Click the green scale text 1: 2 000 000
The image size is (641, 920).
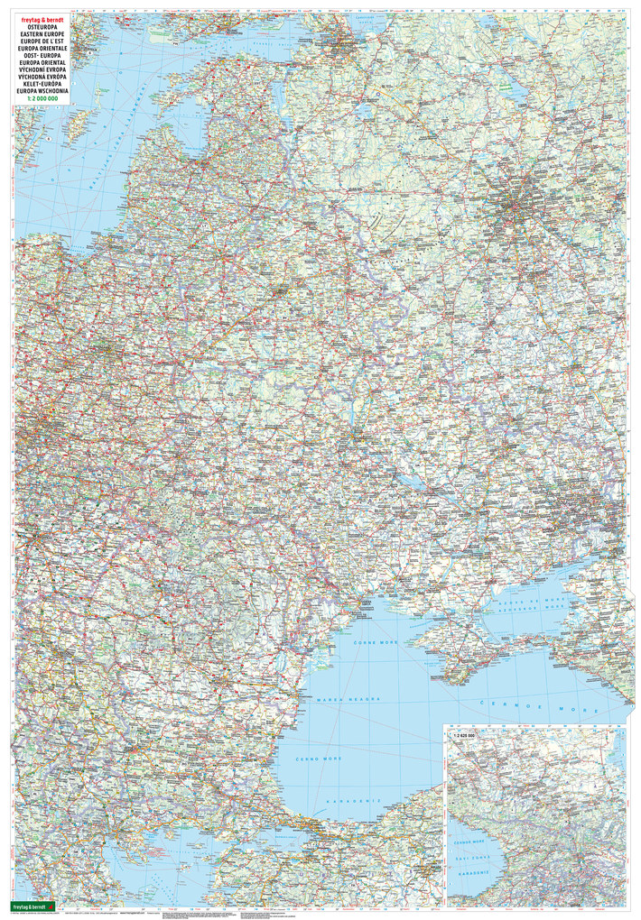click(x=37, y=101)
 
